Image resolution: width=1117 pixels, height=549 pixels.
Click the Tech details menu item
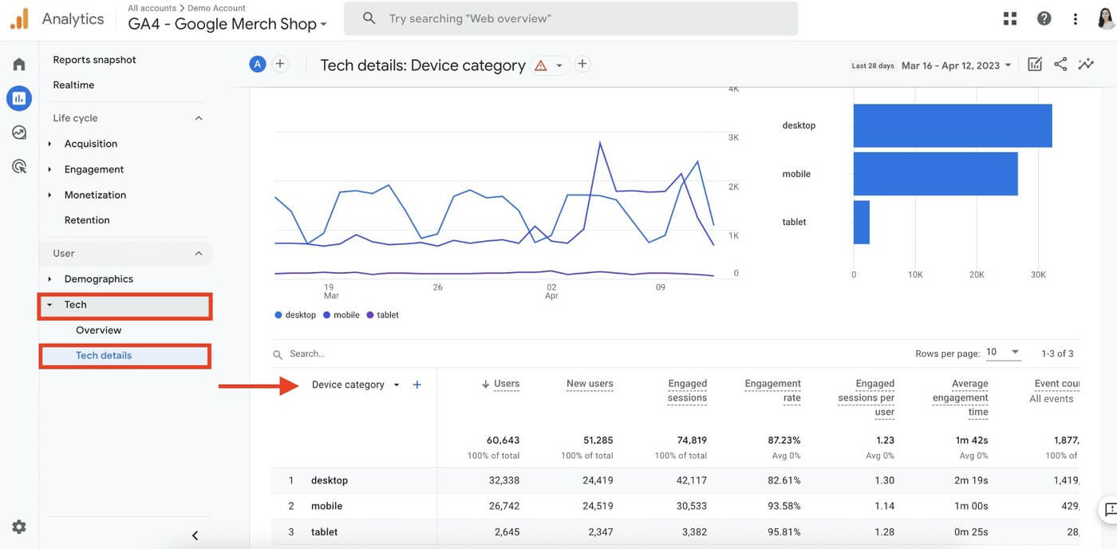tap(104, 355)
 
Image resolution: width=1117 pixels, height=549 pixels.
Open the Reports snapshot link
tap(94, 60)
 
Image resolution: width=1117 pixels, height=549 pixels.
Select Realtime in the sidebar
tap(73, 85)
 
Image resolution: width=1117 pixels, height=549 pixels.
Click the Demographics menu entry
tap(98, 279)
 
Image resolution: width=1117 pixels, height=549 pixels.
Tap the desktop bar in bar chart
tap(952, 126)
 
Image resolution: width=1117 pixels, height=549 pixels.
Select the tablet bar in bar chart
tap(861, 222)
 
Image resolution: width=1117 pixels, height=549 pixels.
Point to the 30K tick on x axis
tap(1038, 274)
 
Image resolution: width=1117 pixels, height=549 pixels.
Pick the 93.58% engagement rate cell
tap(783, 506)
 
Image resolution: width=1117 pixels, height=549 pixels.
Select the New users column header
tap(590, 384)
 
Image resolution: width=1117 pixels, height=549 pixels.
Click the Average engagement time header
tap(961, 397)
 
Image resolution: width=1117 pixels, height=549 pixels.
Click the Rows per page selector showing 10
tap(1003, 352)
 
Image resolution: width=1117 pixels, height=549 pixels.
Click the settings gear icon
tap(19, 527)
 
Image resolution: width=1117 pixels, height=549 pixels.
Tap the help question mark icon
tap(1044, 18)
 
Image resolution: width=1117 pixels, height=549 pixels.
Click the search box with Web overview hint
tap(570, 18)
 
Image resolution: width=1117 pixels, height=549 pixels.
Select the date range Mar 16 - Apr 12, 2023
tap(956, 65)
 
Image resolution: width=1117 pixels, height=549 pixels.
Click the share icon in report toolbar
tap(1060, 65)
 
